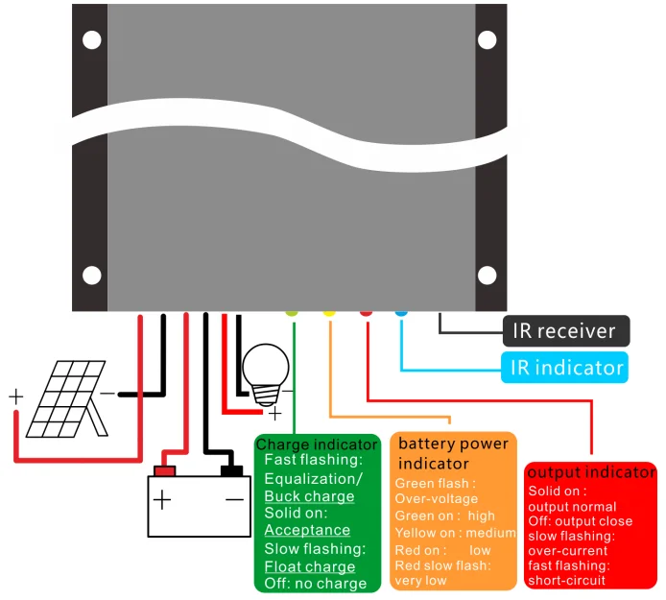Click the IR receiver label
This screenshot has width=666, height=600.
click(564, 331)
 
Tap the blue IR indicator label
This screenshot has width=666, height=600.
click(563, 367)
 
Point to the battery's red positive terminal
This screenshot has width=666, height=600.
click(165, 470)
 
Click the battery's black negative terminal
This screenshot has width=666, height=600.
click(232, 470)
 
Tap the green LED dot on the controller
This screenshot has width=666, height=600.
click(293, 311)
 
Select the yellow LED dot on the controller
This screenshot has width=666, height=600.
click(329, 311)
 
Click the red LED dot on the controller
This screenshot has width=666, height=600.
click(366, 311)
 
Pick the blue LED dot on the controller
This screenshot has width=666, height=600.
click(401, 311)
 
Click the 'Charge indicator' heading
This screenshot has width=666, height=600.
click(317, 444)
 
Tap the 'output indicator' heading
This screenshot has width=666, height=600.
click(591, 472)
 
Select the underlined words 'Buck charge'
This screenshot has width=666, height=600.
click(309, 496)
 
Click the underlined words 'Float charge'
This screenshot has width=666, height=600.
click(310, 566)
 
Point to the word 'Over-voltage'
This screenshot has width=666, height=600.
click(437, 499)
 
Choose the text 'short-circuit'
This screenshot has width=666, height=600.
click(567, 580)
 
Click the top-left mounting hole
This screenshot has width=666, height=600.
click(91, 40)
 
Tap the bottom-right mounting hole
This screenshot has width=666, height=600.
click(488, 276)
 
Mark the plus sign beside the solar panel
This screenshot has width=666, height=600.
click(16, 396)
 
